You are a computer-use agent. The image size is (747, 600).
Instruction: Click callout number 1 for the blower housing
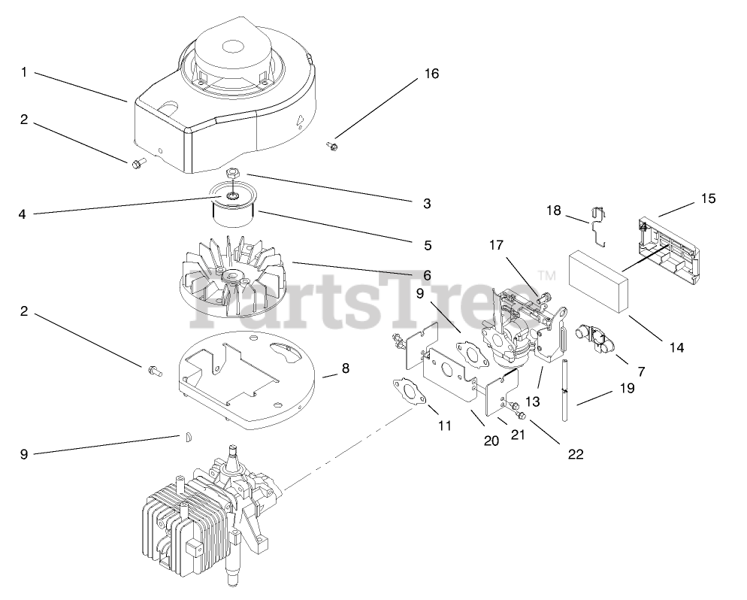coord(24,72)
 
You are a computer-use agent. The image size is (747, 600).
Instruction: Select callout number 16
coord(431,74)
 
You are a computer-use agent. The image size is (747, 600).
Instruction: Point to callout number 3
coord(427,203)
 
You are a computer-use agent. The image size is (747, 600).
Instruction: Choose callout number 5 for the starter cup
coord(427,244)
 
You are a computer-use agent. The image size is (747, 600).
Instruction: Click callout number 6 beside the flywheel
coord(427,275)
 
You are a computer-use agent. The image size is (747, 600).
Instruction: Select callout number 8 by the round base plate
coord(346,368)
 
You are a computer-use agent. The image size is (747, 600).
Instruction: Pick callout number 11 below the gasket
coord(444,426)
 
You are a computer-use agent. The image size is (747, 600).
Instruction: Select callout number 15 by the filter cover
coord(708,199)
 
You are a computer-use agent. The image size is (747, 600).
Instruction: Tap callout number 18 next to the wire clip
coord(554,211)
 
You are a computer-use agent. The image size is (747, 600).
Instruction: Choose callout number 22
coord(576,453)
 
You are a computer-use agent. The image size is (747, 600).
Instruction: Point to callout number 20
coord(491,441)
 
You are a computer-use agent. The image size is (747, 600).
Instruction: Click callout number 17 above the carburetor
coord(497,244)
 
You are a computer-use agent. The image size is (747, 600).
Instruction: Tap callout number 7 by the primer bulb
coord(641,371)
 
